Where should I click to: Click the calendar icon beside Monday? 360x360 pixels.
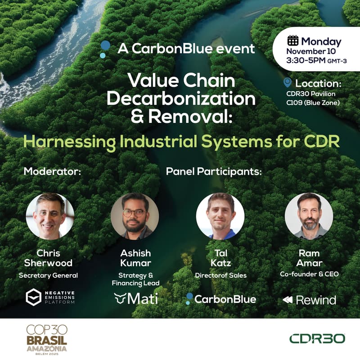click(293, 40)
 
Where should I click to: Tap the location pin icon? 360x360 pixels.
click(288, 83)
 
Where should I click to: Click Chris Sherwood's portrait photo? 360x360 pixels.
click(50, 216)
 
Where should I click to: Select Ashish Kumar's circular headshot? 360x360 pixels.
click(135, 216)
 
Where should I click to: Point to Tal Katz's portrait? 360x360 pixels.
click(220, 216)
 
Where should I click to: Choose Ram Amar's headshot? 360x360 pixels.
click(309, 216)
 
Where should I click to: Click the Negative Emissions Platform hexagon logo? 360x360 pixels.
click(33, 297)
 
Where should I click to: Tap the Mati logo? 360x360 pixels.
click(136, 298)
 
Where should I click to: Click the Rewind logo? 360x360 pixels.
click(309, 300)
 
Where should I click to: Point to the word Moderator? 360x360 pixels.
click(52, 171)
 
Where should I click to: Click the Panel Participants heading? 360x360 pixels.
click(214, 171)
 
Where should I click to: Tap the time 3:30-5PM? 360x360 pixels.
click(305, 60)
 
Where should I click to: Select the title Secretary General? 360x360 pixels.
click(49, 275)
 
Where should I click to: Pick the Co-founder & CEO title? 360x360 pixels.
click(309, 274)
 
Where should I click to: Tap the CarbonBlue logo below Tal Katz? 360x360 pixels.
click(221, 299)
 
